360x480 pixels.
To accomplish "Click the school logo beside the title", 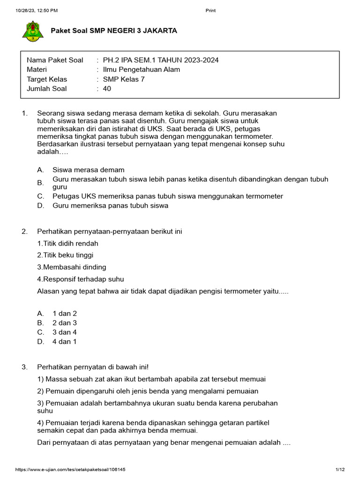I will point(31,32).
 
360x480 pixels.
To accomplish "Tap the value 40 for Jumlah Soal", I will point(107,89).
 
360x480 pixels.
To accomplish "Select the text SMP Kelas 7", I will point(124,79).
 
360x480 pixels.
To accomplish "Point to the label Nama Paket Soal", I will point(55,60).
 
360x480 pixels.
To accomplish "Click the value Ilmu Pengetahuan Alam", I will point(141,69).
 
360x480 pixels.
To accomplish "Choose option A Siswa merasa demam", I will point(88,170).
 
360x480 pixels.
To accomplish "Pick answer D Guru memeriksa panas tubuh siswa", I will point(110,205).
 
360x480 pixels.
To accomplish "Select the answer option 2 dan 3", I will point(64,323).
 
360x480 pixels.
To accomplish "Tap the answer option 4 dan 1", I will point(64,342).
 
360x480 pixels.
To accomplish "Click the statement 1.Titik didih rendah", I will point(67,243).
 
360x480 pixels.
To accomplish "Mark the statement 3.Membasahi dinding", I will point(71,267).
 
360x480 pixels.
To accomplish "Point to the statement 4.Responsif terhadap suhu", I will point(81,279).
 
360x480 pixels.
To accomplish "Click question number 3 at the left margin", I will point(25,367).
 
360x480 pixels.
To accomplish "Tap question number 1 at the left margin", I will point(25,113).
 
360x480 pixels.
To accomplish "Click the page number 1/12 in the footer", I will point(340,470).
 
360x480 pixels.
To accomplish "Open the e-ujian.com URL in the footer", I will point(70,470).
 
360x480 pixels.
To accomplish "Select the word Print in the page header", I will point(210,10).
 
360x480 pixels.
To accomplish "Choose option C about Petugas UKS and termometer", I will point(167,196).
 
